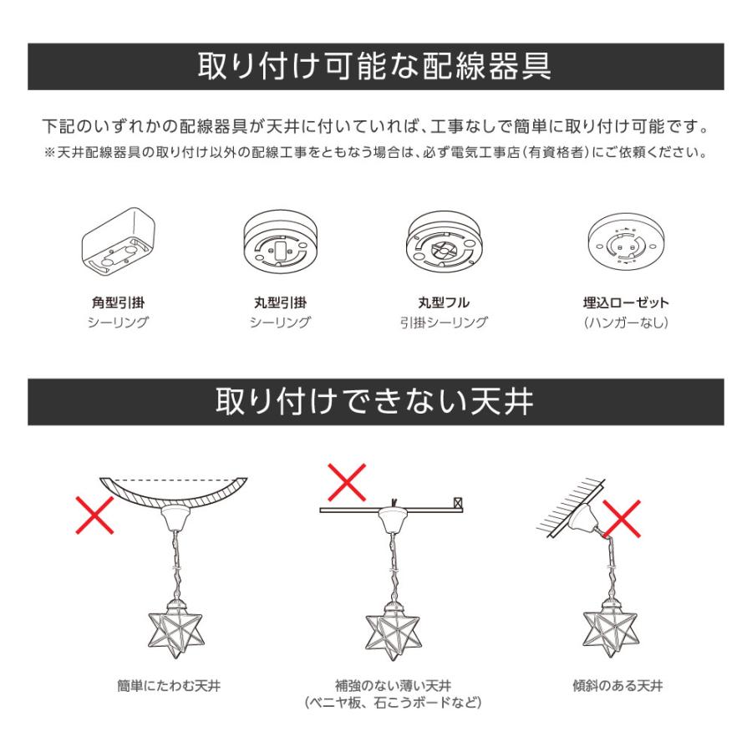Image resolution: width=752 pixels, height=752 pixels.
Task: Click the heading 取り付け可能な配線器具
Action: click(375, 66)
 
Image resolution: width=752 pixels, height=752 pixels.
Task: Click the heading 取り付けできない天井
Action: click(375, 401)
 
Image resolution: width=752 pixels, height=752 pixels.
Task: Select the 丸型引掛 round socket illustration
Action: click(280, 241)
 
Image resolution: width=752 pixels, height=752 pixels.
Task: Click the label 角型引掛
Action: click(118, 302)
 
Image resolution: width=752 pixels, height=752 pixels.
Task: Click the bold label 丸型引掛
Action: click(280, 302)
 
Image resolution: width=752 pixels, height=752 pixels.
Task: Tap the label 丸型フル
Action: click(444, 302)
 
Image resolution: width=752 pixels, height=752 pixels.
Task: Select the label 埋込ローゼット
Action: click(625, 302)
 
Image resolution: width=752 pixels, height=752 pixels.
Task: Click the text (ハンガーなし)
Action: click(625, 322)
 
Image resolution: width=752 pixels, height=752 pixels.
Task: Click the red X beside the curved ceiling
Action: click(95, 516)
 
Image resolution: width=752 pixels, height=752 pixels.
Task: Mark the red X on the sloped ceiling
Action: click(622, 520)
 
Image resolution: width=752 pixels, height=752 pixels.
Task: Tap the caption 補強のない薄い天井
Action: click(393, 686)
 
